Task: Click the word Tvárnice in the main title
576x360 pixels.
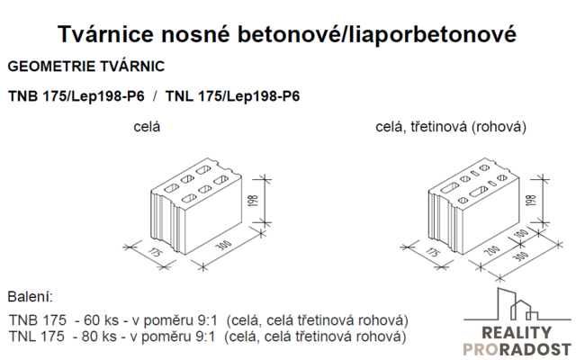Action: coord(106,34)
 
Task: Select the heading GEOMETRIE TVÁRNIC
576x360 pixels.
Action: coord(86,67)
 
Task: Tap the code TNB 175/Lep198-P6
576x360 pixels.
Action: coord(76,96)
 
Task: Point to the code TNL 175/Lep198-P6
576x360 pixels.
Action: coord(232,96)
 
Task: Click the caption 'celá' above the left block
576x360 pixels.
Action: coord(147,127)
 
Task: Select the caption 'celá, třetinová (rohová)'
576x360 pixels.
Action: coord(451,127)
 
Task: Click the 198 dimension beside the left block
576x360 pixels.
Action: coord(254,201)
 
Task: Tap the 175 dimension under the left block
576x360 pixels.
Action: coord(154,253)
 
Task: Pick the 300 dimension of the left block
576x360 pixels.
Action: coord(223,246)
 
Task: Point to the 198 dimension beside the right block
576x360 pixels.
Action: coord(531,200)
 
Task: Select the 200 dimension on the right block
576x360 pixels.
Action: coord(492,250)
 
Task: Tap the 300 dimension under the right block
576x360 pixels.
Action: coord(520,256)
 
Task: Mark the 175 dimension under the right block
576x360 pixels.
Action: coord(432,253)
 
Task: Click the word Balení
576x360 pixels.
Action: coord(30,296)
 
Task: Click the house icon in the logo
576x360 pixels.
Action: coord(517,304)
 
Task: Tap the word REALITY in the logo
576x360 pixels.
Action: coord(517,333)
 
